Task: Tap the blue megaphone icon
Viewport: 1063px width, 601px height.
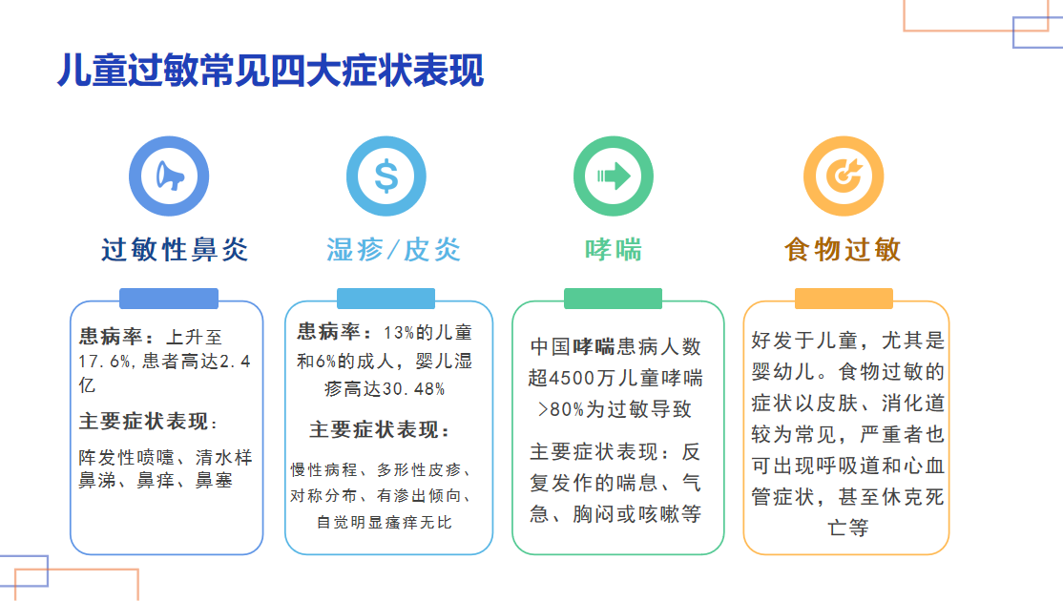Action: pyautogui.click(x=169, y=175)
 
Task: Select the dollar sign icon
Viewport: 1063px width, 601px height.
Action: pyautogui.click(x=386, y=175)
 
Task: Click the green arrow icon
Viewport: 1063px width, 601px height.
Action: pyautogui.click(x=613, y=175)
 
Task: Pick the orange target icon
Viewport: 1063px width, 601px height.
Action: pyautogui.click(x=844, y=175)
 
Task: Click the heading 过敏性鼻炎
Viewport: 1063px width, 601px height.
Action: pyautogui.click(x=176, y=250)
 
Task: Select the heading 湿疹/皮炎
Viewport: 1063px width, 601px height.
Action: pyautogui.click(x=393, y=250)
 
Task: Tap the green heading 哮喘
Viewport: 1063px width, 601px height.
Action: pyautogui.click(x=613, y=250)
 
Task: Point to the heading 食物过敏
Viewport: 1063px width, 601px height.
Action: pyautogui.click(x=844, y=250)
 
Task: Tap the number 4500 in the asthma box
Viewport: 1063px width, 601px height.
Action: pyautogui.click(x=571, y=378)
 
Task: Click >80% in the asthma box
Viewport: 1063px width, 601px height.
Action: pyautogui.click(x=559, y=409)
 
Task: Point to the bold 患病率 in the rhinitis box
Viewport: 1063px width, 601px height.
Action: pyautogui.click(x=109, y=337)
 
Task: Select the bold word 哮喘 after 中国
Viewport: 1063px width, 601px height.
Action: pyautogui.click(x=594, y=346)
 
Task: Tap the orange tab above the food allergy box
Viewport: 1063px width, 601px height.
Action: pyautogui.click(x=844, y=299)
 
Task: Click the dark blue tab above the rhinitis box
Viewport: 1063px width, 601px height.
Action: pyautogui.click(x=169, y=299)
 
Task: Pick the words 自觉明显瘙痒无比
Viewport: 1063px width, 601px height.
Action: pyautogui.click(x=385, y=523)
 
